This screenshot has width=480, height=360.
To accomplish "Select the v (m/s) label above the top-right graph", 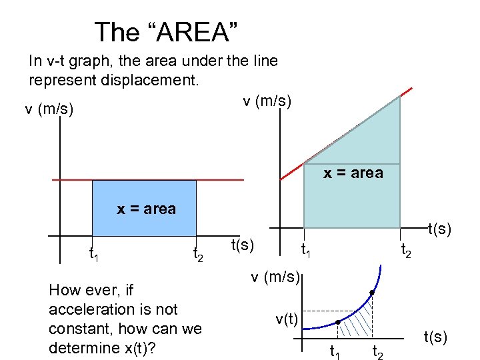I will tap(267, 101).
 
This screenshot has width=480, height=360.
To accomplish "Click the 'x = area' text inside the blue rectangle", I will tap(146, 209).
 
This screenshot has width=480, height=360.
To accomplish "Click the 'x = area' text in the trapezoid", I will tap(353, 173).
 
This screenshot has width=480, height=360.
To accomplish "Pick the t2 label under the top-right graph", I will tap(405, 251).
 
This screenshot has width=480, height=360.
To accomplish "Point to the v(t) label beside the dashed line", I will tap(286, 319).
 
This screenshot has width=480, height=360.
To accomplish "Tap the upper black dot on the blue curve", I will tap(371, 293).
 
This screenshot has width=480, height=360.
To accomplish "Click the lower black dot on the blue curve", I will tap(338, 323).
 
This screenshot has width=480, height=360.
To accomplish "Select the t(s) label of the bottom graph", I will tap(435, 337).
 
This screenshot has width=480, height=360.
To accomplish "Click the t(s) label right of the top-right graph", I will tap(439, 230).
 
